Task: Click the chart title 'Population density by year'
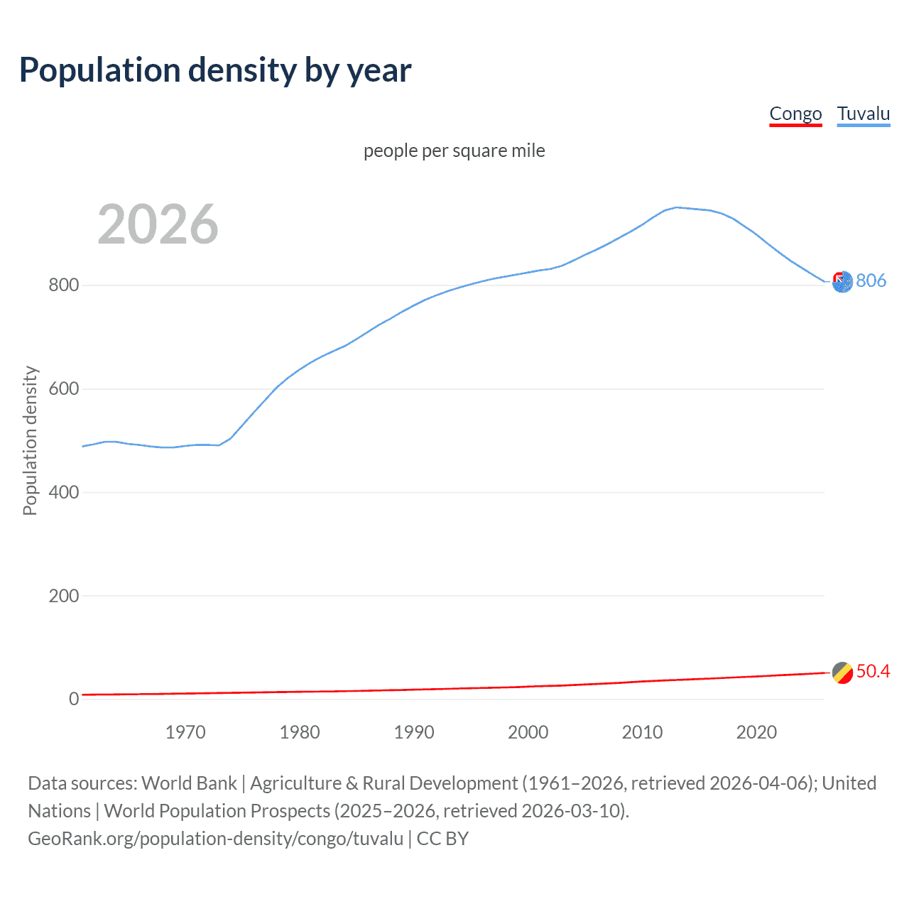point(215,70)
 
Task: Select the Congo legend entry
point(795,114)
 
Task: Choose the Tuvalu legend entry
point(863,114)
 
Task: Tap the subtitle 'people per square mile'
point(454,151)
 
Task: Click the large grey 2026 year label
point(158,224)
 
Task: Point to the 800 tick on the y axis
point(63,285)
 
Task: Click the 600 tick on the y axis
point(63,389)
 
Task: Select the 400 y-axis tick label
point(63,492)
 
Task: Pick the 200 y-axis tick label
point(63,596)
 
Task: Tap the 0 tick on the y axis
point(74,699)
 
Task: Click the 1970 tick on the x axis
point(185,732)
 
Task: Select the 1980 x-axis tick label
point(300,732)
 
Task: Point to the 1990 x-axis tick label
point(414,732)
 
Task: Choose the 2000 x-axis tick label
point(528,732)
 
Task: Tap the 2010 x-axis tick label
point(642,732)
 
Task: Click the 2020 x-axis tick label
point(756,732)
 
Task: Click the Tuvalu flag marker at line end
point(842,282)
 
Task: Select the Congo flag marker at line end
point(842,673)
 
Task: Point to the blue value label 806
point(871,281)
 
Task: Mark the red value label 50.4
point(873,672)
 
